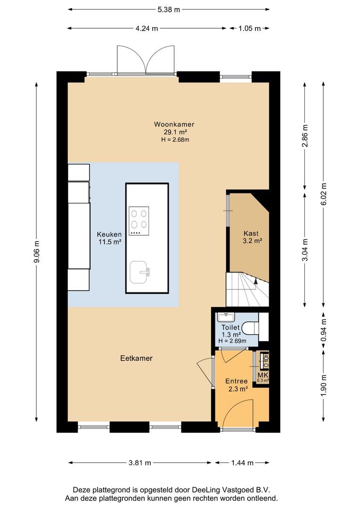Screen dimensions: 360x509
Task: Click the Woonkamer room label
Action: (x=174, y=124)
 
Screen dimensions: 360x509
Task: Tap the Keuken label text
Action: (x=109, y=234)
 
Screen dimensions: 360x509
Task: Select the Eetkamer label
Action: (x=136, y=358)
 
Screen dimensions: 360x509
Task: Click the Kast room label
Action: (x=251, y=233)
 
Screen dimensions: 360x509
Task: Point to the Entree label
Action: (x=237, y=381)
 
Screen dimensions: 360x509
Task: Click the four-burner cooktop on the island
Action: (x=139, y=221)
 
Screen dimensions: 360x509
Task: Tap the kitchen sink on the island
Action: (x=139, y=272)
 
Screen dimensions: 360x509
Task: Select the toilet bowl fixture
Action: (x=251, y=328)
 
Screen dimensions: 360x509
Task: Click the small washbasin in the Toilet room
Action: (x=226, y=316)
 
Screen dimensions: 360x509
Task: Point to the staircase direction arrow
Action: (x=256, y=282)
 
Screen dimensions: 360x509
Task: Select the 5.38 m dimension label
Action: (x=169, y=9)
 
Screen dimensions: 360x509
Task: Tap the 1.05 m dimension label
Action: (x=250, y=29)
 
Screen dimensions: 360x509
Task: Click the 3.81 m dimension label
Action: (x=140, y=463)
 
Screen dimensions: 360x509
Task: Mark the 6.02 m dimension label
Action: (x=323, y=195)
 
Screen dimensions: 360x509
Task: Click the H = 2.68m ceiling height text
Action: (x=175, y=140)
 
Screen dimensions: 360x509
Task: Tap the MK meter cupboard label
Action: (x=262, y=375)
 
